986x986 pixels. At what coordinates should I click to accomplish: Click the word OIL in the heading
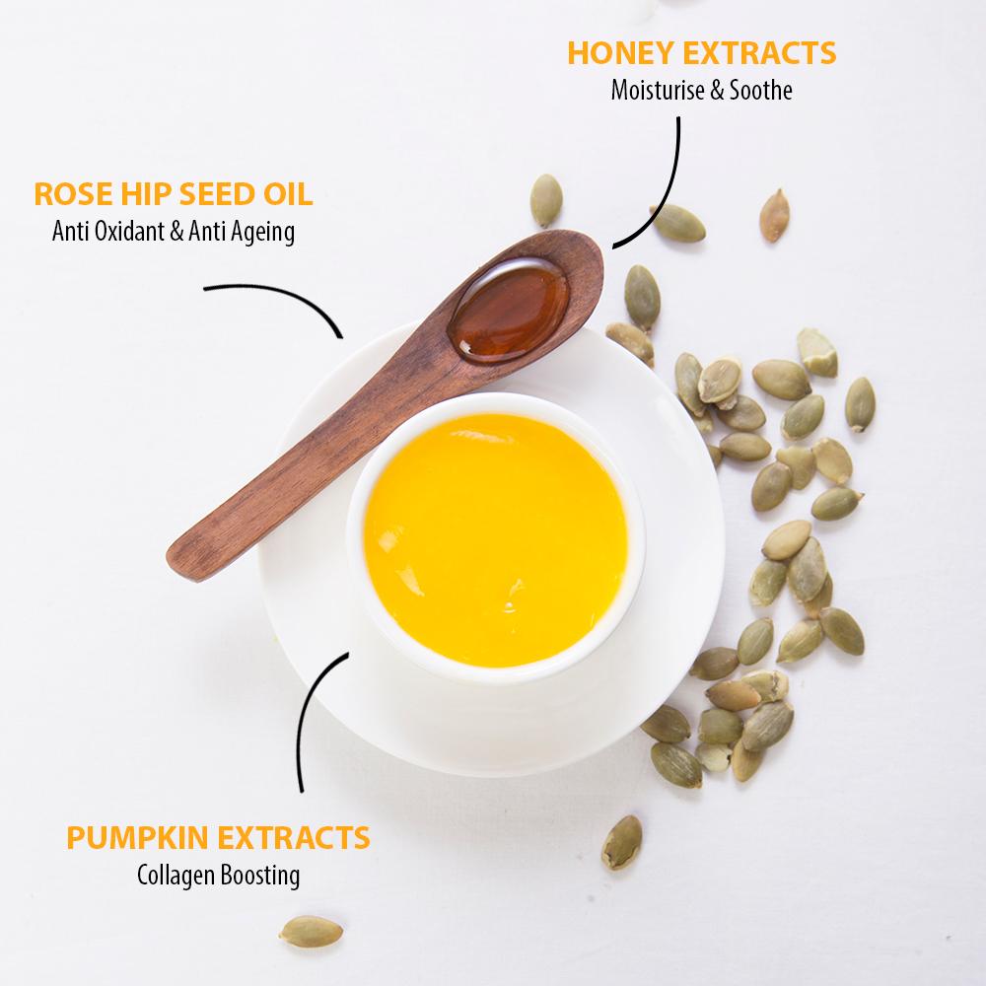(287, 194)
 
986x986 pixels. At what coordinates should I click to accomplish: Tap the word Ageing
(261, 234)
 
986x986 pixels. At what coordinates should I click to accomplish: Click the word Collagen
(174, 875)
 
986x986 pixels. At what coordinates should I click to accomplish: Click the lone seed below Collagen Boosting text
(311, 930)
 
